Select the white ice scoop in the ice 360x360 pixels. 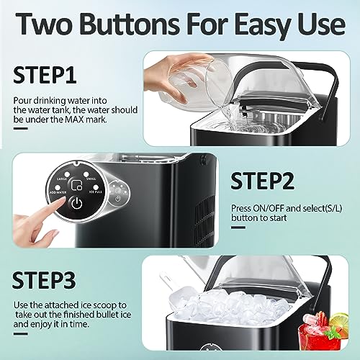[x=164, y=282]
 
